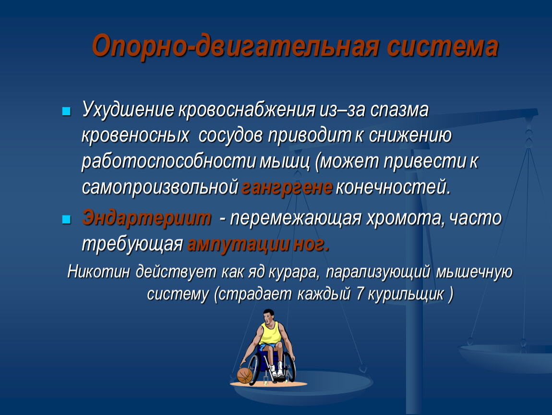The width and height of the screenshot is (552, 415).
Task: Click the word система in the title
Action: point(443,47)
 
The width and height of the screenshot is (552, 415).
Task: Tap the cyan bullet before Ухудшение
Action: point(66,111)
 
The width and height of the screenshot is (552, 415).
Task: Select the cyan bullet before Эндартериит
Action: point(66,220)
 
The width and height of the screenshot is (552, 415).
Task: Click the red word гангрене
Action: point(287,187)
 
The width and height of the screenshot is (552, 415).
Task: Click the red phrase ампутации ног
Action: point(258,244)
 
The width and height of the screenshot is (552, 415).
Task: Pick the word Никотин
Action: point(98,271)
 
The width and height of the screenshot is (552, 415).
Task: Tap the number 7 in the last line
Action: point(360,294)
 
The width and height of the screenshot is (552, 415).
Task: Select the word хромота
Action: point(403,219)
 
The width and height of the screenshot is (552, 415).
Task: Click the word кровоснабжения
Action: point(247,110)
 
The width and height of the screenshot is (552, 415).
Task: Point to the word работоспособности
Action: point(168,162)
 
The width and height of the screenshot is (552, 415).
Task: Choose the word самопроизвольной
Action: point(160,187)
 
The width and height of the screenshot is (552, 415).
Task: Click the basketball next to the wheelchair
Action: point(245,375)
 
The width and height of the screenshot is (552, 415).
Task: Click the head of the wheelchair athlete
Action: point(268,316)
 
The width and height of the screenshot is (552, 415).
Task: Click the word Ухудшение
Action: point(128,110)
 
